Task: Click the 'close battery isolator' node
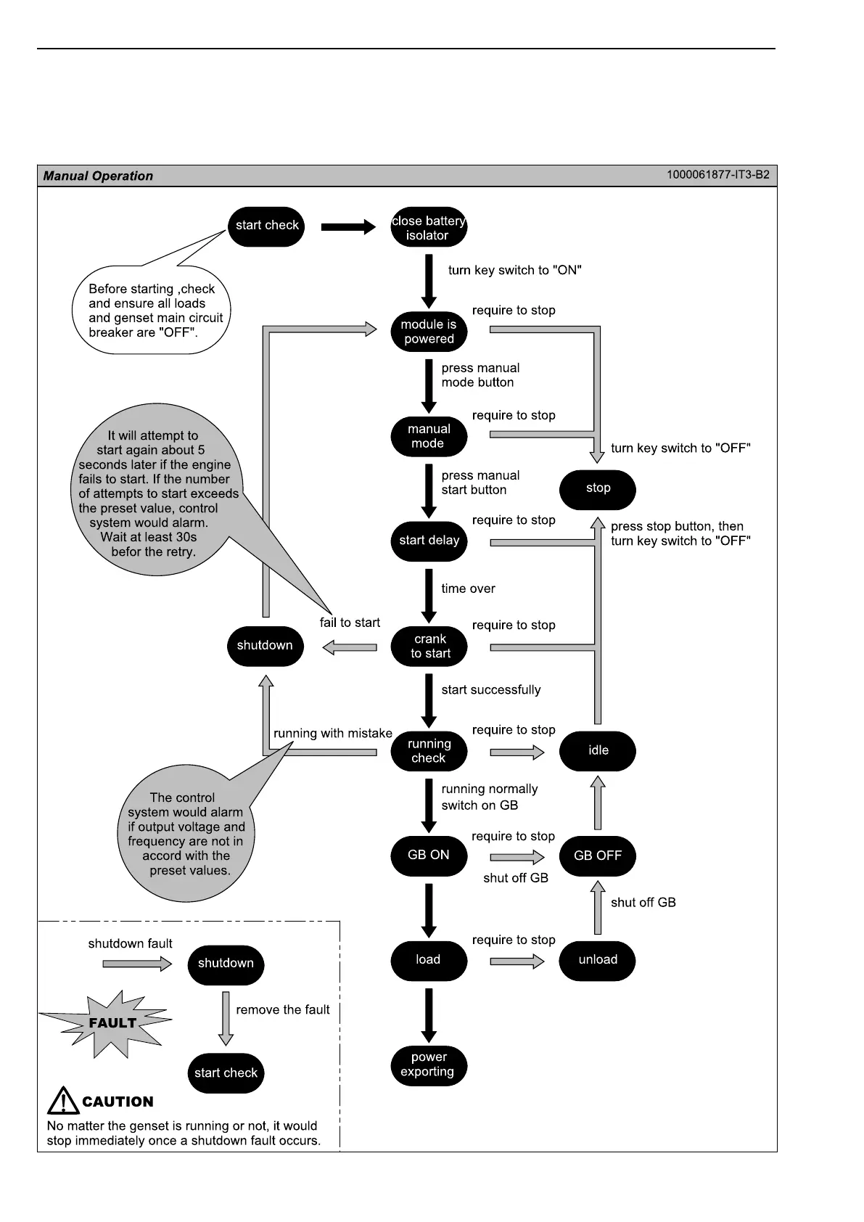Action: (x=428, y=227)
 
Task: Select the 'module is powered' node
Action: (x=429, y=332)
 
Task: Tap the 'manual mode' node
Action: (x=429, y=436)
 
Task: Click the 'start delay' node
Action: (x=429, y=541)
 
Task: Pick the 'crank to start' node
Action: (x=429, y=646)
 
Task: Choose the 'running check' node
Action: (x=429, y=751)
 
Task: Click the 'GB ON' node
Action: (x=429, y=856)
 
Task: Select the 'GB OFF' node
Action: (x=598, y=856)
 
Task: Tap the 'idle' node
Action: (x=598, y=751)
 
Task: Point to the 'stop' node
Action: (x=598, y=488)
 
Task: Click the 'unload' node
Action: (x=598, y=960)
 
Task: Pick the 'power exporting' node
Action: (x=429, y=1065)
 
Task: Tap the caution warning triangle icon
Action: (x=63, y=1101)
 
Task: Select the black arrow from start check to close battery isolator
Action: (x=348, y=227)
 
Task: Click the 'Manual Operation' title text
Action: (x=98, y=176)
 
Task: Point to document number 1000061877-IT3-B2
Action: (x=718, y=175)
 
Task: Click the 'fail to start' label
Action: (x=350, y=623)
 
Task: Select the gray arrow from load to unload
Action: (x=517, y=961)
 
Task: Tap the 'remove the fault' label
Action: (x=282, y=1009)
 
